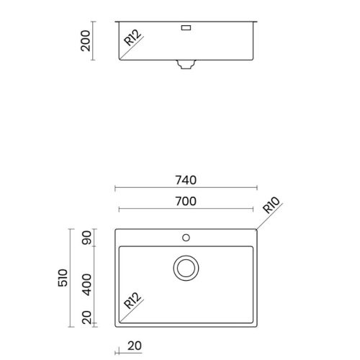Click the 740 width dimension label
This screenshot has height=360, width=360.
(x=186, y=180)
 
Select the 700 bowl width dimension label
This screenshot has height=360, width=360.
(x=186, y=201)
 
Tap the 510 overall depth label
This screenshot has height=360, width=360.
(x=63, y=278)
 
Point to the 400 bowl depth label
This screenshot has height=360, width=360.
(x=86, y=284)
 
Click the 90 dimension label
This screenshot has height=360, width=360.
(x=86, y=238)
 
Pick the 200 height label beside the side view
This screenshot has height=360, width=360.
(x=86, y=41)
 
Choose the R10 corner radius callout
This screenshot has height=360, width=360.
(x=271, y=205)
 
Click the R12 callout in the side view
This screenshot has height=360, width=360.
(x=132, y=37)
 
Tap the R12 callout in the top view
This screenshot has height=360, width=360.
(x=132, y=300)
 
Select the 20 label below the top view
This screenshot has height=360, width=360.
(x=135, y=346)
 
